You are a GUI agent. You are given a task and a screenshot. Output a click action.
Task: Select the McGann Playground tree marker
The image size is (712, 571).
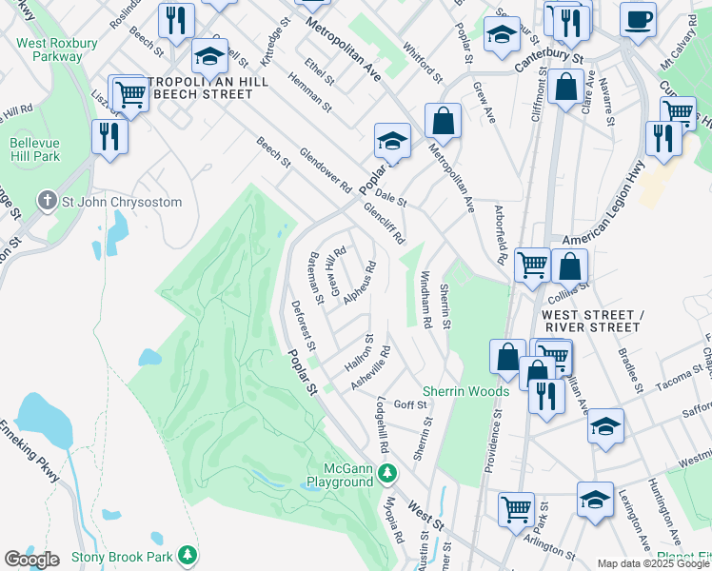coord(387,472)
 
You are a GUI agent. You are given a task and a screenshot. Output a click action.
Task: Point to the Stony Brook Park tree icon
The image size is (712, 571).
coord(188,554)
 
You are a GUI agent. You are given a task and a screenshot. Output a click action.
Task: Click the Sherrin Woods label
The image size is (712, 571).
coord(465,391)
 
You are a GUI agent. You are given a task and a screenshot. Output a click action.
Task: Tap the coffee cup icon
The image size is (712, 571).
coord(638,19)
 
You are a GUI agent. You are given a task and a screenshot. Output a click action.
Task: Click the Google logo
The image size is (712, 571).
coord(31,560)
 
